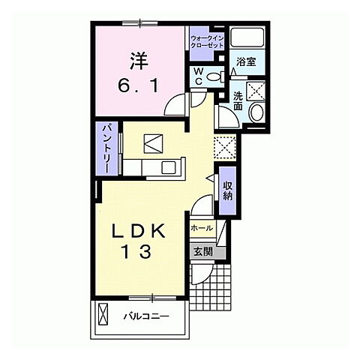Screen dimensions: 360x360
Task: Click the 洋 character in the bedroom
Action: click(139, 61)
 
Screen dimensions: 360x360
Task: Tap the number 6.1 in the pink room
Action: click(138, 86)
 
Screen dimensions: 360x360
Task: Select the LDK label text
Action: click(139, 231)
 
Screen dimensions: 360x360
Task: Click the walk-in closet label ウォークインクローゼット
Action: click(207, 42)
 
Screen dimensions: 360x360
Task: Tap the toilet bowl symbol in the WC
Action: click(214, 76)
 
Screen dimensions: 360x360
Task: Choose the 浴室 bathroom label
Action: click(246, 61)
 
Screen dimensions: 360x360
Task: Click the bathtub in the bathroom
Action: click(247, 37)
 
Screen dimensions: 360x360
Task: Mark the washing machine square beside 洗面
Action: click(256, 91)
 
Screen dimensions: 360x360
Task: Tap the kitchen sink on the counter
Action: click(169, 167)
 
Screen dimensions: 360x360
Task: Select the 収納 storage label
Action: click(227, 190)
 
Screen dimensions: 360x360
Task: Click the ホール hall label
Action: click(202, 228)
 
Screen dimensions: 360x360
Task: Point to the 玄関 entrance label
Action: click(203, 252)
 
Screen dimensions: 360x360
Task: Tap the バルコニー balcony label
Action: click(146, 316)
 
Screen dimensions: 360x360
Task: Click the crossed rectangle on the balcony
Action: click(103, 313)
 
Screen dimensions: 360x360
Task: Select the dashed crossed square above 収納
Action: click(225, 148)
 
